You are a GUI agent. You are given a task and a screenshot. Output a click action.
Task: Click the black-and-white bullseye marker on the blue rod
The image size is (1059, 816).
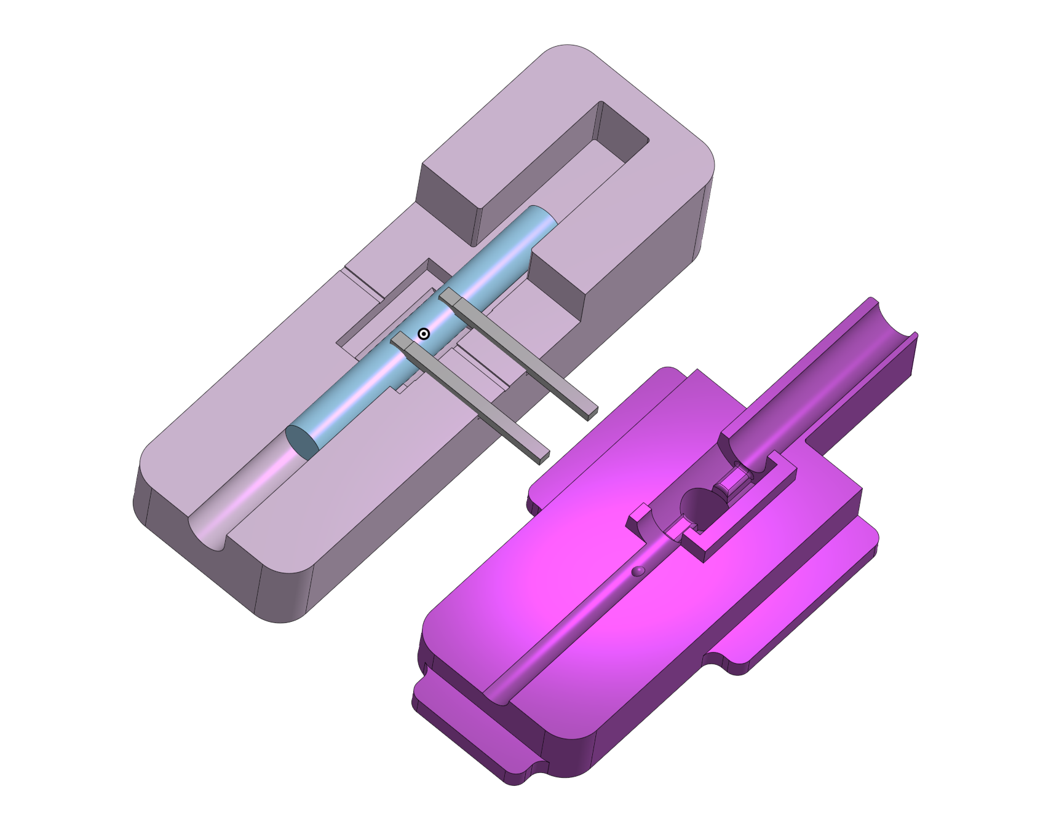point(424,334)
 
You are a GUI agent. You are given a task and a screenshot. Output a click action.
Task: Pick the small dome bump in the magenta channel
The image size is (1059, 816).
point(638,571)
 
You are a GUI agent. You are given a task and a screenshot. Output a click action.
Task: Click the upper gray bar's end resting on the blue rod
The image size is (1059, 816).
point(450,297)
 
